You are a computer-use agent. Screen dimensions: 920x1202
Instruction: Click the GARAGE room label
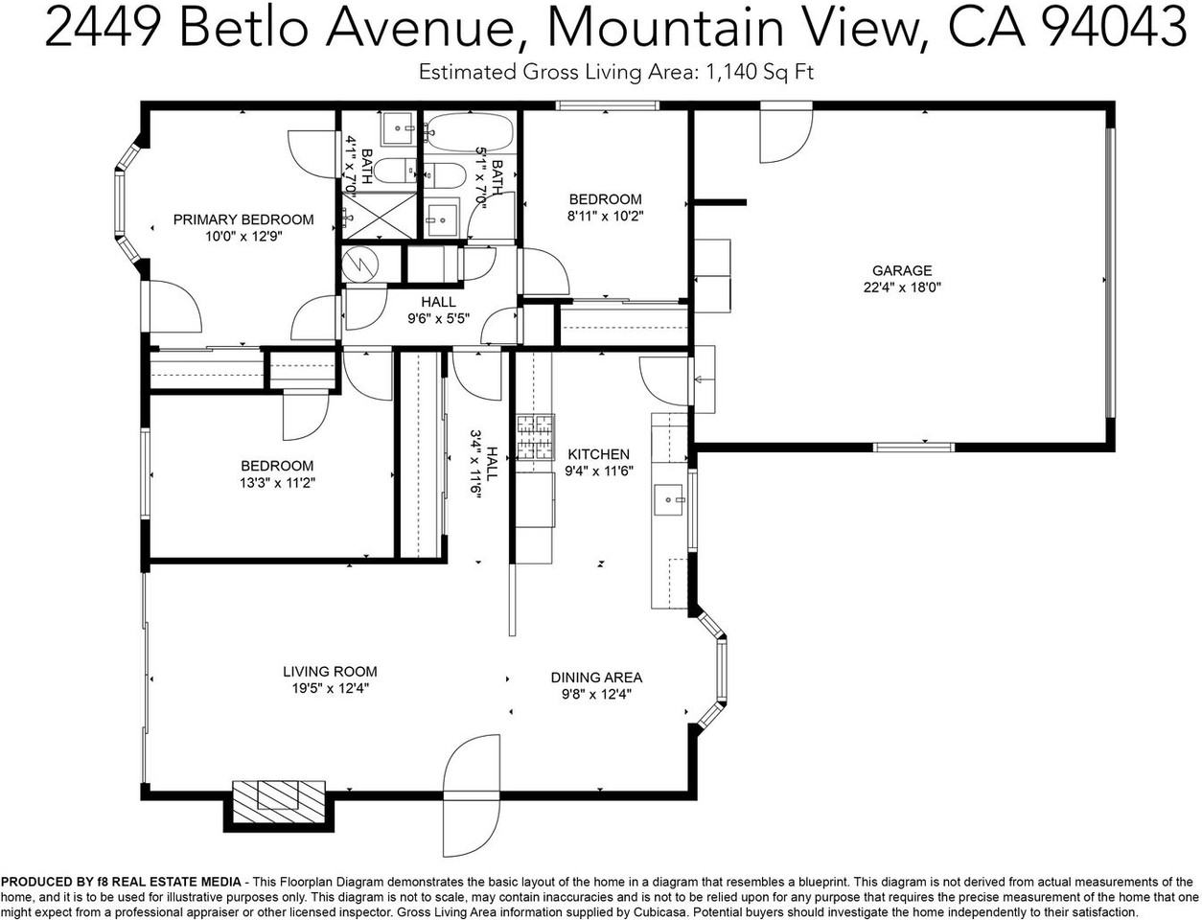901,271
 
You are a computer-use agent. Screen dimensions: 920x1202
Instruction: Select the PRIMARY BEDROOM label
243,219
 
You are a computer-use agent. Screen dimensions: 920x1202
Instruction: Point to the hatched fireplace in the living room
280,797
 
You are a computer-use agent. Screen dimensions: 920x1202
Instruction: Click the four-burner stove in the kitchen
536,436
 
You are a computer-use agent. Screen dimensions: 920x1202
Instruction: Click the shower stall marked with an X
380,215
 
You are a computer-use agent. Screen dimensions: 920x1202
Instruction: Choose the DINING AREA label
596,678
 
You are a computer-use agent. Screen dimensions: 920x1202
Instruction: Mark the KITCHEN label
599,454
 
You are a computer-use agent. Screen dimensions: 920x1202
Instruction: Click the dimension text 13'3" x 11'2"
278,482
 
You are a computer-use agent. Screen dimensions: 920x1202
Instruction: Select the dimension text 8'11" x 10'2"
605,216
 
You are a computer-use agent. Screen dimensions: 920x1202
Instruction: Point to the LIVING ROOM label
330,672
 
